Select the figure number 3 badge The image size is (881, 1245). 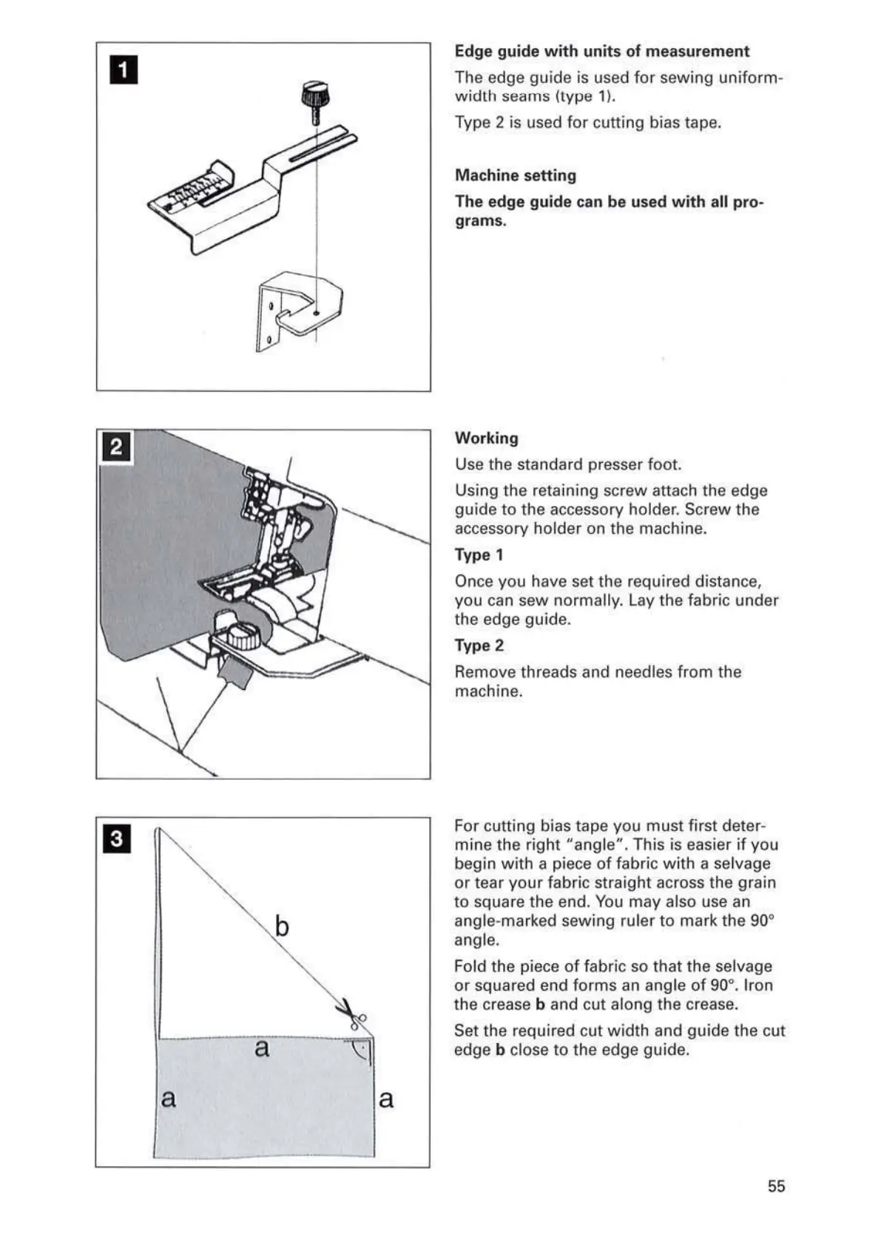click(x=118, y=839)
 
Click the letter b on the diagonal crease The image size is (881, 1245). click(x=282, y=926)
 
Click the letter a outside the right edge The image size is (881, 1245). click(x=386, y=1099)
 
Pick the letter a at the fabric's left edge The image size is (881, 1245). click(x=169, y=1099)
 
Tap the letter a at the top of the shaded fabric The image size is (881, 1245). click(x=262, y=1048)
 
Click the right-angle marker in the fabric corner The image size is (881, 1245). click(x=361, y=1051)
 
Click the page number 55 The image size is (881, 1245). click(x=776, y=1186)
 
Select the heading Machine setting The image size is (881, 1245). click(x=516, y=175)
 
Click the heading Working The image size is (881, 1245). click(x=487, y=438)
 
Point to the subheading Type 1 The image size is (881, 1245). click(x=479, y=554)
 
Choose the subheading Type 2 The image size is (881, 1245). click(x=479, y=645)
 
